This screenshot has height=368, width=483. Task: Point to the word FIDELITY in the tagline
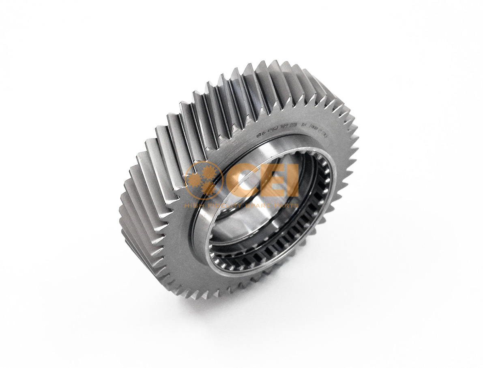click(221, 206)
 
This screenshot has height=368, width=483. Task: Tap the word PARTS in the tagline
click(286, 206)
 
